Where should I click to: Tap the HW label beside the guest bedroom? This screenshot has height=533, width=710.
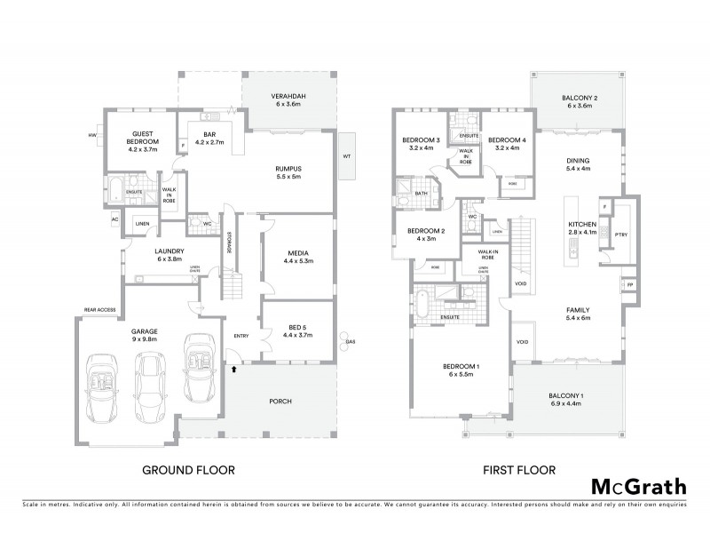tap(91, 135)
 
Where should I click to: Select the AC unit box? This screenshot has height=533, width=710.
tap(114, 219)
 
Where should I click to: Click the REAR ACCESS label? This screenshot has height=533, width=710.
tap(100, 310)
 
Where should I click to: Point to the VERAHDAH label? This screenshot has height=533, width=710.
tap(289, 99)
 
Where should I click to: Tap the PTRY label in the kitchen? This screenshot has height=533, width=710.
tap(620, 233)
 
